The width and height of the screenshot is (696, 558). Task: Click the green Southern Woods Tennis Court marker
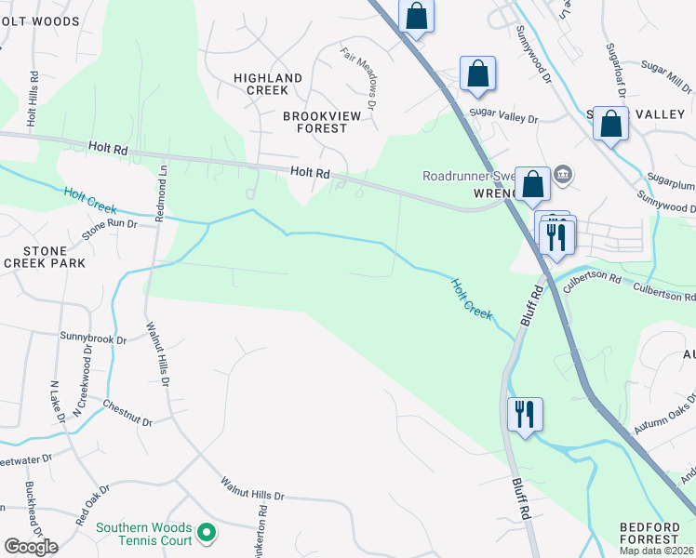207,533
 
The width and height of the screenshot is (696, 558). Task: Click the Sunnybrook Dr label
92,339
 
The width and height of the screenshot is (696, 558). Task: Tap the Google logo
31,547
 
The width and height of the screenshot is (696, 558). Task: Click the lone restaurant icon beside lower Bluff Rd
525,414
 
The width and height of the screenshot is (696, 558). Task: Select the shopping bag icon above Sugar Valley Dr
477,73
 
